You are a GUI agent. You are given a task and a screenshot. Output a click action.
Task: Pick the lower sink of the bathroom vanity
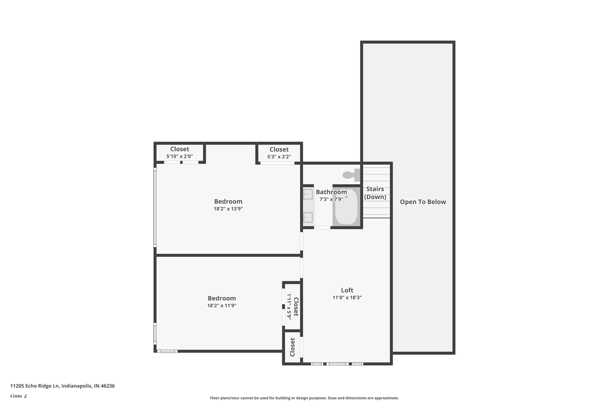pos(308,217)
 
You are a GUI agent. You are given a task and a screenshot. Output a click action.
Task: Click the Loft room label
pos(347,290)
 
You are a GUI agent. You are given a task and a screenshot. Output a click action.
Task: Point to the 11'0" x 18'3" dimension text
pos(347,298)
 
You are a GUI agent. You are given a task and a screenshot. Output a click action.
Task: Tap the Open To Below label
pos(423,202)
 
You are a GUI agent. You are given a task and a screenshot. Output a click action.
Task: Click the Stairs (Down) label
pos(375,193)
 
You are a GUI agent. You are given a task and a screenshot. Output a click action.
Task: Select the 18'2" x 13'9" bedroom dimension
pos(228,209)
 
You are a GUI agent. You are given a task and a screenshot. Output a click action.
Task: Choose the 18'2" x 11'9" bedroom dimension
pos(222,306)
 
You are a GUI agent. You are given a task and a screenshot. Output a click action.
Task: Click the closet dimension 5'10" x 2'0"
pos(179,156)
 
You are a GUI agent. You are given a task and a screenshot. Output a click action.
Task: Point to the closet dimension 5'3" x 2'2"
pos(279,157)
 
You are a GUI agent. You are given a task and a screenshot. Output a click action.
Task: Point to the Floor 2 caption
pos(18,396)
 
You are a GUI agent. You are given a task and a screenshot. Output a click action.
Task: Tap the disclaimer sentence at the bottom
pos(304,398)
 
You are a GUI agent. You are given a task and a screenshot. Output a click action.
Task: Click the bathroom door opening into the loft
pos(322,228)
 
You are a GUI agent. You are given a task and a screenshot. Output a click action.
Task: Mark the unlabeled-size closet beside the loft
pos(292,347)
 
